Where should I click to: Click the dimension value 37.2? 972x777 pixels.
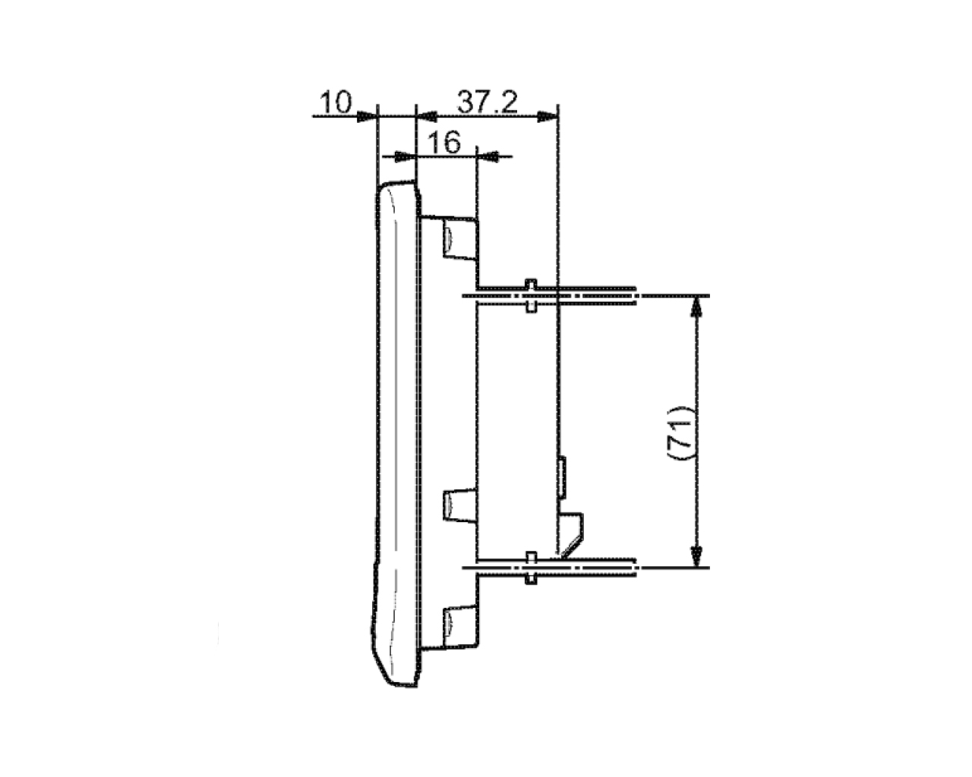pos(488,102)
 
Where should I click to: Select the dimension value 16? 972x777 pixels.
pos(444,143)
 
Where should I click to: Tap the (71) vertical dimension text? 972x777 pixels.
pos(680,433)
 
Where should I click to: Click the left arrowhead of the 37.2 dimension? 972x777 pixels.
pos(427,117)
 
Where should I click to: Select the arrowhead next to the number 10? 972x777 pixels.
pos(366,117)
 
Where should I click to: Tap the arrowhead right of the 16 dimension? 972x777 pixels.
pos(488,156)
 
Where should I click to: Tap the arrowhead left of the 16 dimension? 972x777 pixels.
pos(405,156)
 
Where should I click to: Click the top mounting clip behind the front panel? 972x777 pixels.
pos(459,238)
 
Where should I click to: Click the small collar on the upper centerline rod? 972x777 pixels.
pos(531,296)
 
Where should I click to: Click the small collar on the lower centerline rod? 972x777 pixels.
pos(531,568)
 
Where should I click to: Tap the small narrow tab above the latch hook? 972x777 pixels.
pos(563,477)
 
